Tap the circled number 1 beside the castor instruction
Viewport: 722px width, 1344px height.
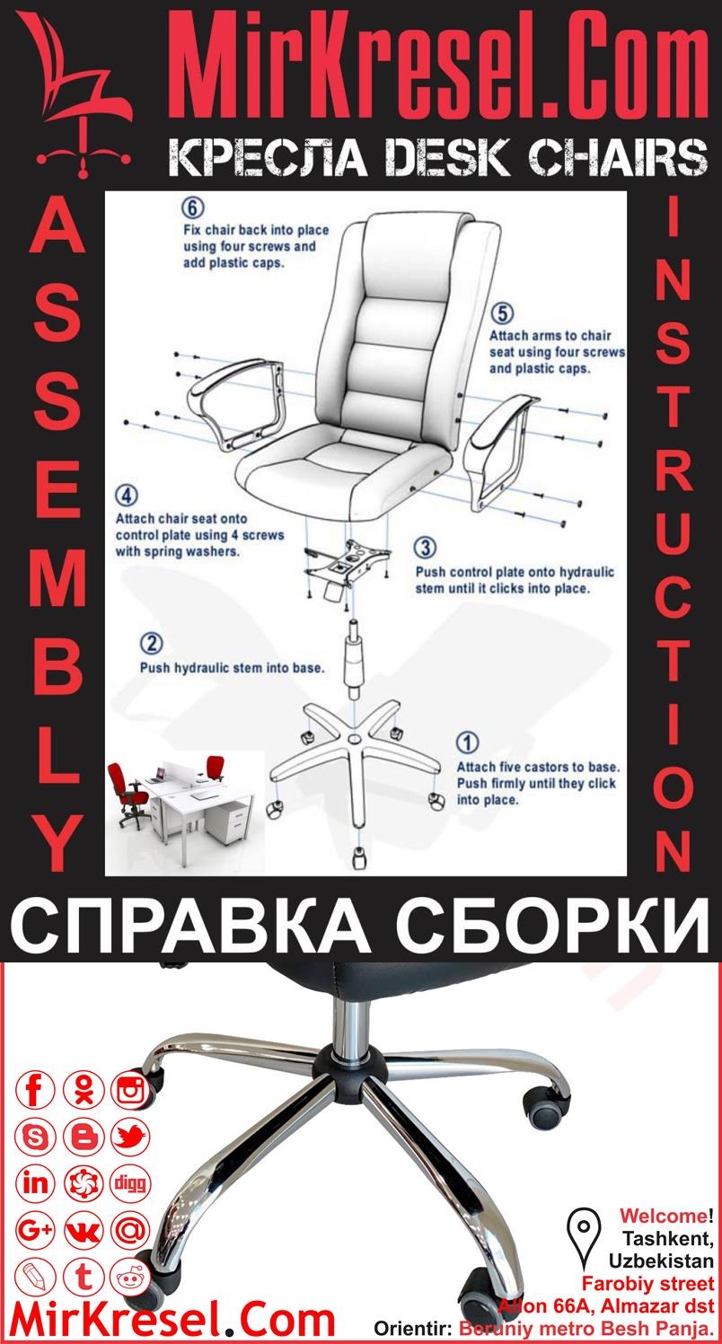(x=468, y=742)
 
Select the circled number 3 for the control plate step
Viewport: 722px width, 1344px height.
(x=426, y=548)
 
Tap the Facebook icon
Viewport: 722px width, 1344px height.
(x=36, y=1091)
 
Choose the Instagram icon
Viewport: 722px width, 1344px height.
(x=130, y=1091)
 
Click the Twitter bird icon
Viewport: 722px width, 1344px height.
(x=130, y=1137)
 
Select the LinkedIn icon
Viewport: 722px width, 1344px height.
(x=36, y=1182)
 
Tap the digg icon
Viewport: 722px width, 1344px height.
(x=130, y=1182)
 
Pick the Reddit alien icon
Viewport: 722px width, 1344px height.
(x=130, y=1276)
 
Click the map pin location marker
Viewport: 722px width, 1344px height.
(x=584, y=1228)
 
